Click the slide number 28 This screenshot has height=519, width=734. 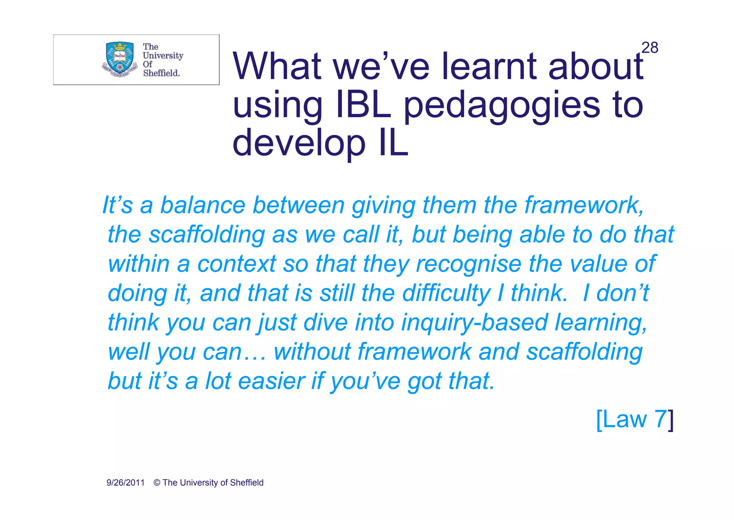point(649,48)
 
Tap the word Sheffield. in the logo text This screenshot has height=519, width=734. point(161,73)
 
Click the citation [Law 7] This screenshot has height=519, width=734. point(635,419)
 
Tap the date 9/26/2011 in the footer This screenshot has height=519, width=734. point(125,483)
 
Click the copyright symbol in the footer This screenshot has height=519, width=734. point(157,483)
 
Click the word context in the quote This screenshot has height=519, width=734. point(237,264)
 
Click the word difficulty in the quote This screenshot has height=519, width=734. point(446,294)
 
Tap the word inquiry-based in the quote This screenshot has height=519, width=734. point(475,323)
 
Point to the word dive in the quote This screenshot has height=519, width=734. point(325,323)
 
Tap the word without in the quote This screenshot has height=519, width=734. point(312,352)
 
